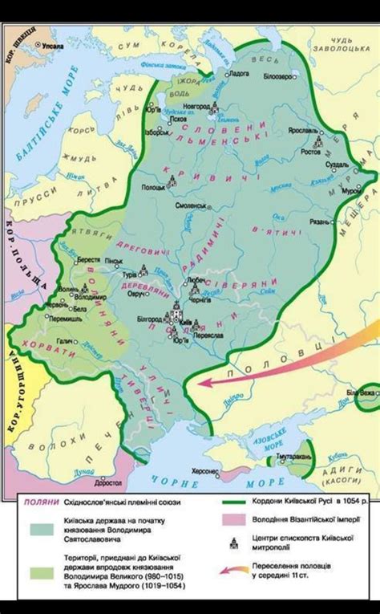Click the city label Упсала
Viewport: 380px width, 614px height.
click(x=54, y=47)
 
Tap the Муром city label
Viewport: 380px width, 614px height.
click(x=348, y=193)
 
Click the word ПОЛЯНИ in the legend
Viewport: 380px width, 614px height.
click(x=38, y=502)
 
